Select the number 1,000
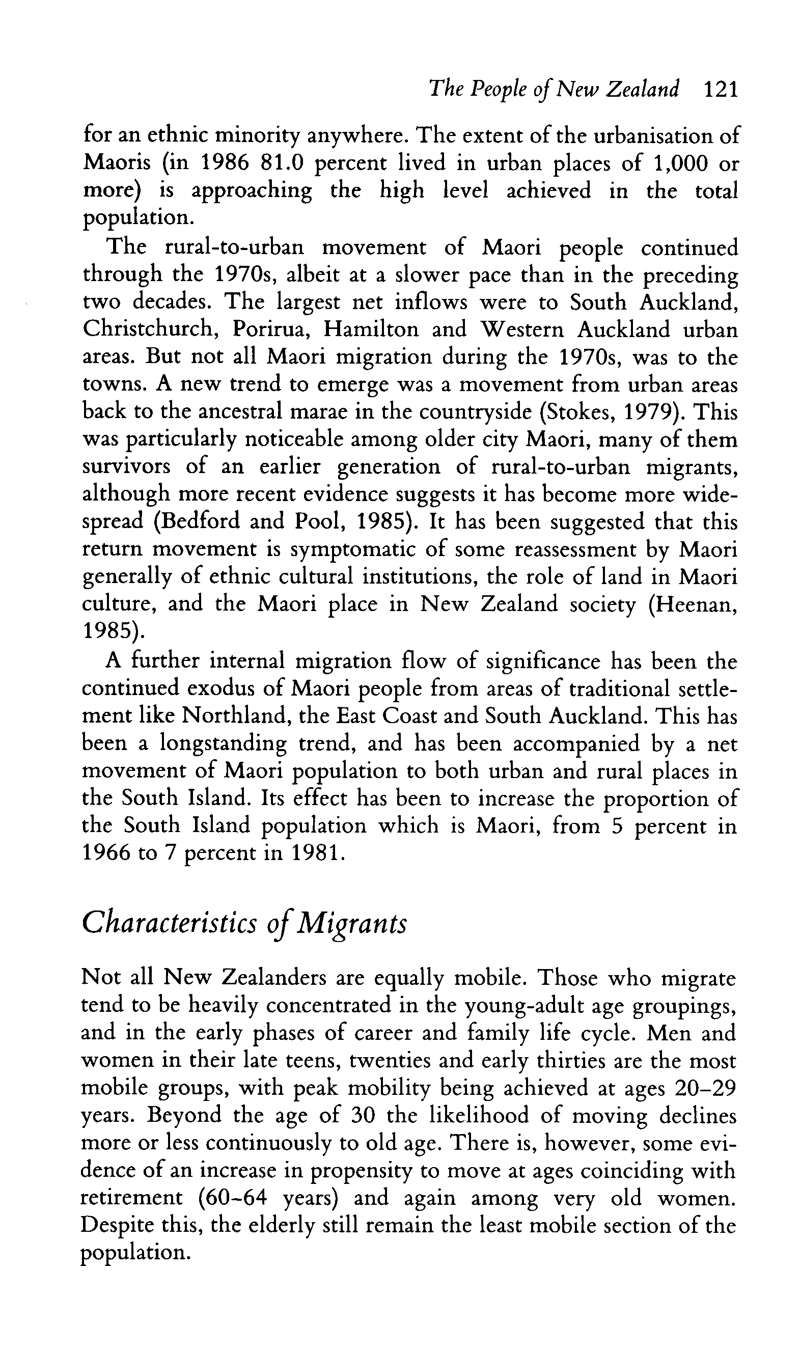[x=679, y=163]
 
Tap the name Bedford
[x=205, y=521]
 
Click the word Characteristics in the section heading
[x=169, y=923]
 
